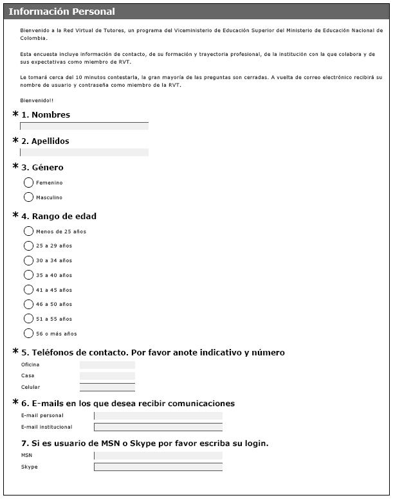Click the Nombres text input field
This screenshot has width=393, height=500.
tap(84, 126)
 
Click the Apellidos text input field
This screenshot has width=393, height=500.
tap(84, 152)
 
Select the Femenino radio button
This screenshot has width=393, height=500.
tap(28, 183)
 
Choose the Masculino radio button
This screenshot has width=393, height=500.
tap(28, 197)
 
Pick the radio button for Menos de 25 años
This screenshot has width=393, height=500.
tap(28, 231)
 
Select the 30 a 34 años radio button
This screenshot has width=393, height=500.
tap(28, 260)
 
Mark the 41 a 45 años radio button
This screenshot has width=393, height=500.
tap(28, 290)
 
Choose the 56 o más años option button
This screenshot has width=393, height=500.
tap(28, 334)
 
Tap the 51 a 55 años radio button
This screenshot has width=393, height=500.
tap(28, 319)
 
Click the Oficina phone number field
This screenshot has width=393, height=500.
tap(107, 365)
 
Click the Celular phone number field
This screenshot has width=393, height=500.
tap(107, 388)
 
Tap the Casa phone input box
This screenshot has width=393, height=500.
tap(107, 376)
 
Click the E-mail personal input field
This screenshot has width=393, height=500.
tap(158, 416)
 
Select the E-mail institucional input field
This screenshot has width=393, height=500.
tap(158, 427)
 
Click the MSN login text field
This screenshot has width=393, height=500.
tap(158, 456)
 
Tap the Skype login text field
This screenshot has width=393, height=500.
tap(158, 467)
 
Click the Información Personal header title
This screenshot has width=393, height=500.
tap(62, 12)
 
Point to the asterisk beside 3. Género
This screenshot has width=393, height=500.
tap(15, 166)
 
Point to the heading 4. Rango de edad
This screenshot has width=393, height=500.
tap(59, 216)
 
